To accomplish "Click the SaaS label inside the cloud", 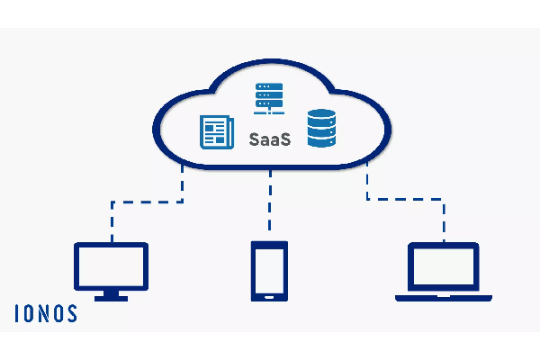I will pyautogui.click(x=269, y=139).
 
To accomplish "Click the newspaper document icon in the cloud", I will pyautogui.click(x=215, y=131).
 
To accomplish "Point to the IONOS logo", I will pyautogui.click(x=46, y=313).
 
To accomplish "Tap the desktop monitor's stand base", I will pyautogui.click(x=111, y=296).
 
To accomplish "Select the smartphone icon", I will pyautogui.click(x=270, y=270).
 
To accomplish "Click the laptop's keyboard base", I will pyautogui.click(x=444, y=296).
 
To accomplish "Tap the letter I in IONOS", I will pyautogui.click(x=17, y=313).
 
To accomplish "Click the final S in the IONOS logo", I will pyautogui.click(x=71, y=313).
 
